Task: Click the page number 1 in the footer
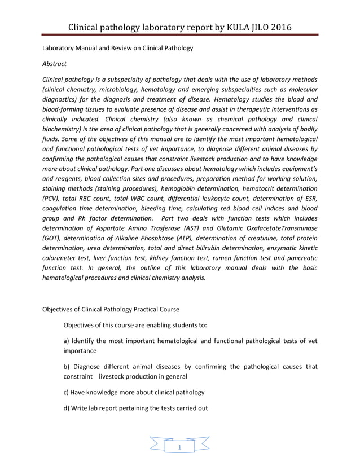click(x=179, y=448)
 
